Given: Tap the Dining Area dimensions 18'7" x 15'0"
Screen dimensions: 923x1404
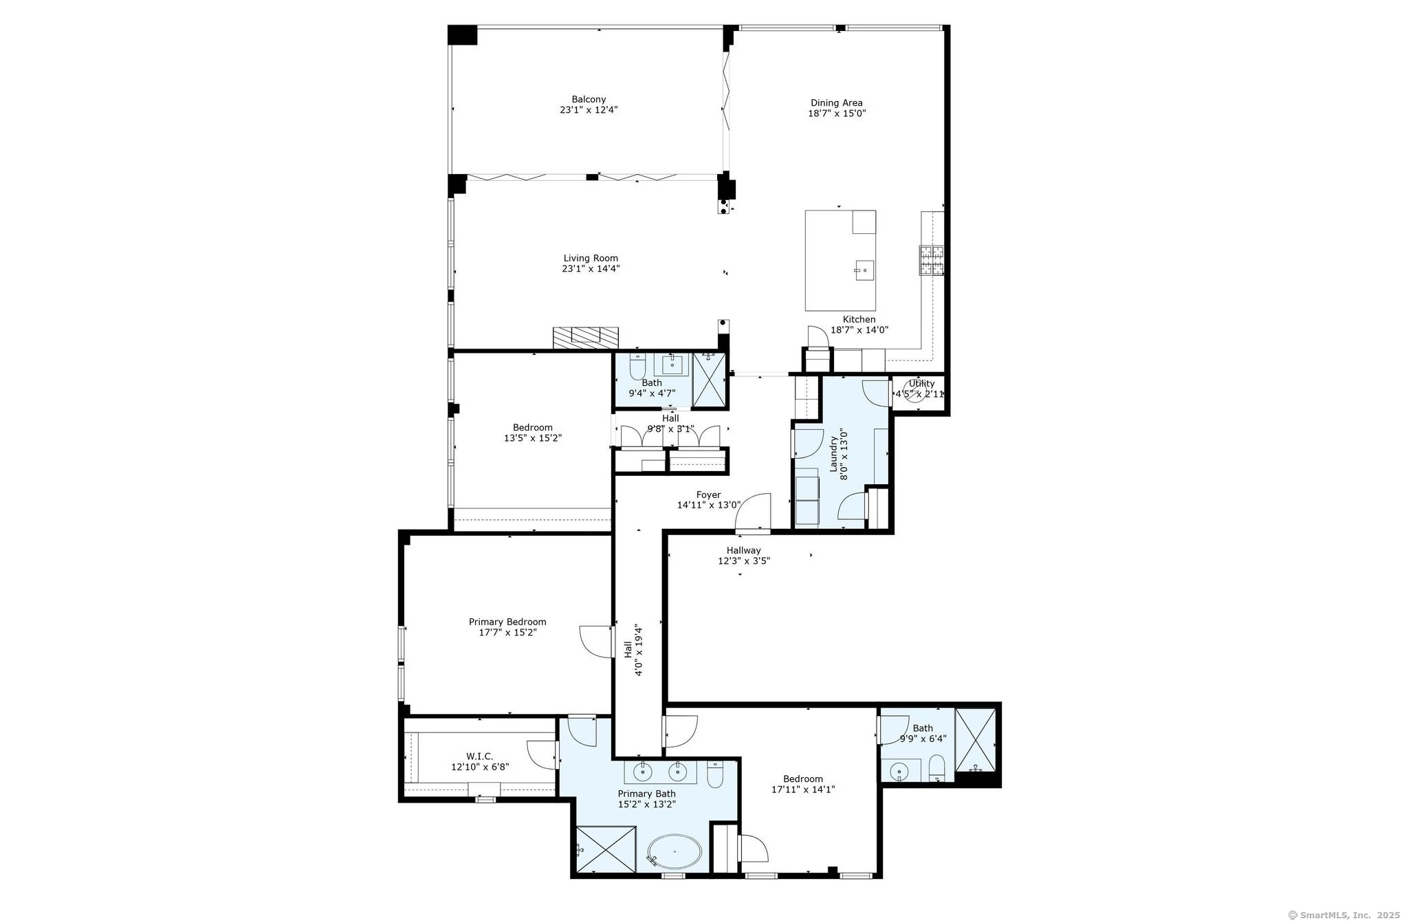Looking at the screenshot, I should [x=837, y=113].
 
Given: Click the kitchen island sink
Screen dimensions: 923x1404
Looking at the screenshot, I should [x=864, y=270].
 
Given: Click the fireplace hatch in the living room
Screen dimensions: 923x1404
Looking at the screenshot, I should [x=586, y=337].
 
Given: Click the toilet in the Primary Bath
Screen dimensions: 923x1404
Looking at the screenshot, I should [x=715, y=776].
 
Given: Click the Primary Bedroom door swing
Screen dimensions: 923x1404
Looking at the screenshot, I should [x=596, y=642].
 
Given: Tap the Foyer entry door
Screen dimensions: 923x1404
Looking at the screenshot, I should [x=754, y=513].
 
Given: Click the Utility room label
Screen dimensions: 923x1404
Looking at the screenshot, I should [x=921, y=384].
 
